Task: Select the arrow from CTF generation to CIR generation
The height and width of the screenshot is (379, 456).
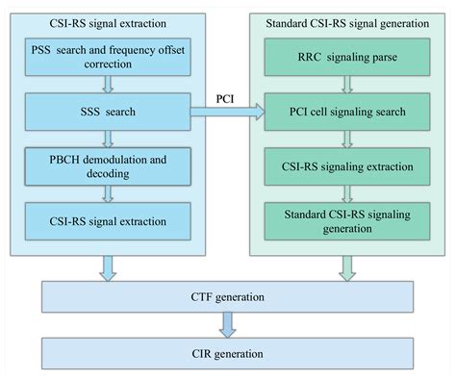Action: (229, 325)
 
